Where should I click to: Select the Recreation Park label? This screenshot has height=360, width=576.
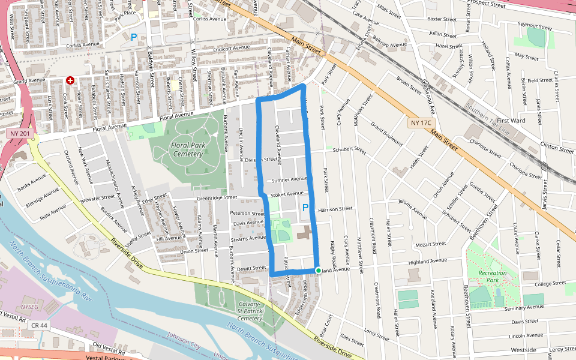[493, 276]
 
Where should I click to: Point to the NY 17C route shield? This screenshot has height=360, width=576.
[421, 123]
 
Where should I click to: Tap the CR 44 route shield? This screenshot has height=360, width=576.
[39, 325]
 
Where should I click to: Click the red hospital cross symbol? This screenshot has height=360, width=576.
[70, 80]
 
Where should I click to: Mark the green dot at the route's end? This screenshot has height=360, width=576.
[318, 271]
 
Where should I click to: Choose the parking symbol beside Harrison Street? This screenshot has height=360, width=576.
[305, 208]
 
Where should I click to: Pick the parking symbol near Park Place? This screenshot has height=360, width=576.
[134, 37]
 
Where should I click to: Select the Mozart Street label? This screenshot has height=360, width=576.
[431, 244]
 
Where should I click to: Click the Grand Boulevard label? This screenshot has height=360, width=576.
[385, 134]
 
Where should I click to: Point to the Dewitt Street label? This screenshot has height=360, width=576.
[251, 268]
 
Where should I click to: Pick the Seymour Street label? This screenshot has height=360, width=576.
[534, 27]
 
